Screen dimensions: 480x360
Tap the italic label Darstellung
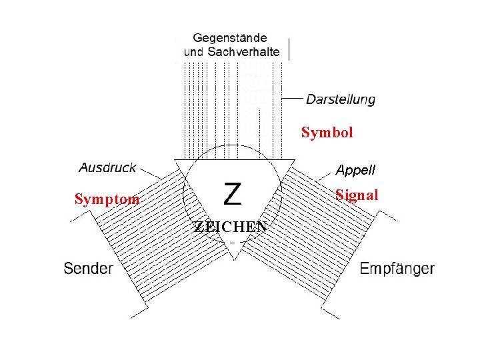click(x=340, y=99)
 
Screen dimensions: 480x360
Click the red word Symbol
click(x=327, y=132)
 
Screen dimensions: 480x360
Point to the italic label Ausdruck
click(x=108, y=167)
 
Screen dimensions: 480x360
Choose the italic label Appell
click(x=355, y=170)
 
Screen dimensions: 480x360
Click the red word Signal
click(x=357, y=195)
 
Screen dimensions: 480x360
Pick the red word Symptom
click(x=107, y=199)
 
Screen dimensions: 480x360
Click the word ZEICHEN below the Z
click(x=231, y=227)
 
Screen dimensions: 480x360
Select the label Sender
click(x=88, y=269)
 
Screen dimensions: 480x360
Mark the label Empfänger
click(x=397, y=269)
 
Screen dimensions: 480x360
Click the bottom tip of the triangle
click(x=233, y=257)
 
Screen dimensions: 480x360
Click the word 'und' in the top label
click(x=193, y=51)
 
